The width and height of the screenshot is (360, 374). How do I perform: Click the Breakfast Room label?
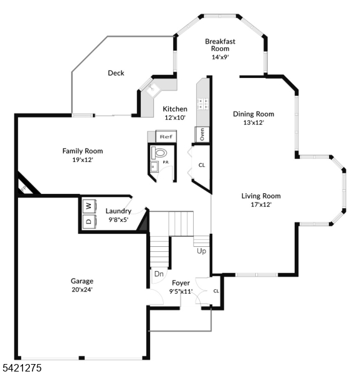click(x=220, y=45)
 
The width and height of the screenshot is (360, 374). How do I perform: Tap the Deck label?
click(x=116, y=73)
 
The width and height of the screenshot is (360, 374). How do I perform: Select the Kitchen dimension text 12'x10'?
click(x=175, y=118)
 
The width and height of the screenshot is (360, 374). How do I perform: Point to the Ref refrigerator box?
click(x=166, y=136)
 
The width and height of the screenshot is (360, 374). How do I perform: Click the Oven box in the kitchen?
click(x=202, y=134)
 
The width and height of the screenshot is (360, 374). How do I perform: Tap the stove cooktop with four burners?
click(x=203, y=103)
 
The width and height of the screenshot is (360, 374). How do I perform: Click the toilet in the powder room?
click(x=161, y=152)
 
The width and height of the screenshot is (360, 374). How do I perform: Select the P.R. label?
click(x=166, y=163)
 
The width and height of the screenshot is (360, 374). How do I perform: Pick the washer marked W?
click(x=88, y=205)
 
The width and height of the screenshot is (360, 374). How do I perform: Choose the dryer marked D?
click(x=88, y=221)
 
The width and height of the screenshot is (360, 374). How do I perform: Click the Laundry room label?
click(x=118, y=211)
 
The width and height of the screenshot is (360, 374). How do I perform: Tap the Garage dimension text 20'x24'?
click(x=82, y=289)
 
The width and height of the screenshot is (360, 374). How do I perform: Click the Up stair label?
click(x=201, y=251)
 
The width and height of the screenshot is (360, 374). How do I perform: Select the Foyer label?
click(x=181, y=283)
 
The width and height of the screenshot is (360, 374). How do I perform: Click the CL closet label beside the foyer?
click(x=216, y=290)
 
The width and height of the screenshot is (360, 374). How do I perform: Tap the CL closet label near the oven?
click(x=201, y=165)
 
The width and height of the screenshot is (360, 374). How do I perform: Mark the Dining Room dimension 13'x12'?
click(x=253, y=123)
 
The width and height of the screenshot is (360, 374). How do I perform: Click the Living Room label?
click(x=261, y=196)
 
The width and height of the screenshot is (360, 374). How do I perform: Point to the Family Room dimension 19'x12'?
click(x=83, y=160)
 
